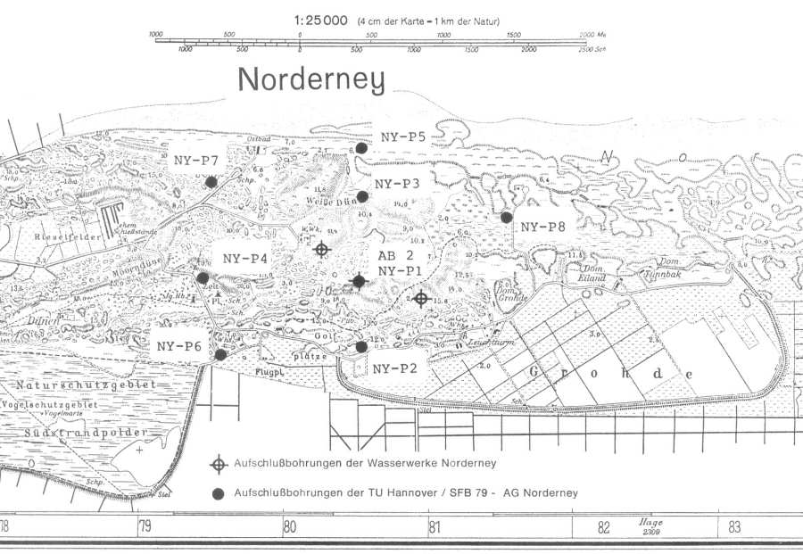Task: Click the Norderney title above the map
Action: (311, 80)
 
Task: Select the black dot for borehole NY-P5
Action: (360, 148)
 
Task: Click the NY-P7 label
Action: (196, 160)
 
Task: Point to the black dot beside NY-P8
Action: (506, 217)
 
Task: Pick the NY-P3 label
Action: (397, 184)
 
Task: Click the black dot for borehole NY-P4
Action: (203, 277)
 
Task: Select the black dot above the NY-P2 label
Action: (360, 346)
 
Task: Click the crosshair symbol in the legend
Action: (217, 464)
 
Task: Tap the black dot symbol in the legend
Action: (217, 493)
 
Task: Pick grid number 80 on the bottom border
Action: (289, 527)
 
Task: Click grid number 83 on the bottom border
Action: (733, 527)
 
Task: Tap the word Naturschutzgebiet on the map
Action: (86, 384)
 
